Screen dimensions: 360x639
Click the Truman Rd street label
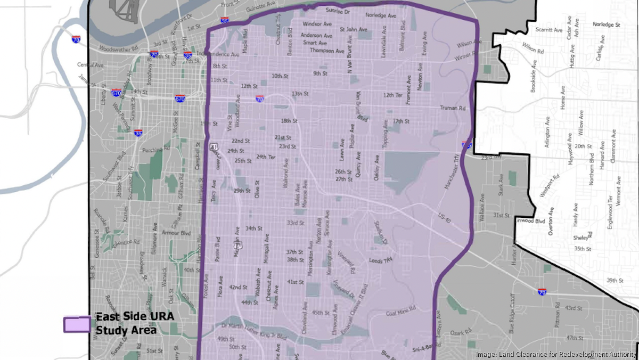453,108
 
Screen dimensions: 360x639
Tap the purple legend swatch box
77,324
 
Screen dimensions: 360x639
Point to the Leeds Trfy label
381,260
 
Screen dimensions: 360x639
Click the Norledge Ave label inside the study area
381,16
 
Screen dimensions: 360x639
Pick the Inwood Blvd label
532,220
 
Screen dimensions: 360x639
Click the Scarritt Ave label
549,30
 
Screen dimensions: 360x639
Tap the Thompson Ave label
327,51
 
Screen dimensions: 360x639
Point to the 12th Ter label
393,95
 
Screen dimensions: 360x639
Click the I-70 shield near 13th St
259,99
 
